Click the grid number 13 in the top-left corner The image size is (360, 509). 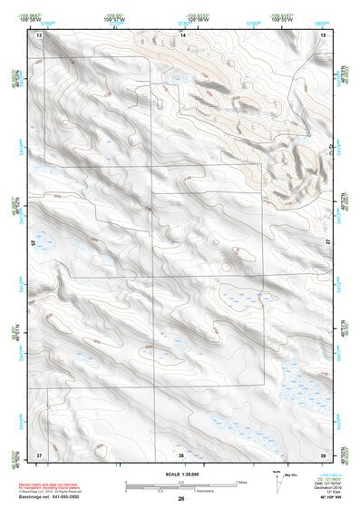pos(39,34)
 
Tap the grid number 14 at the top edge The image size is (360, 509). pos(182,34)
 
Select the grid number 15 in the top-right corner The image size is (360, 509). pos(324,34)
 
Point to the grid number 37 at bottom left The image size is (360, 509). pos(39,453)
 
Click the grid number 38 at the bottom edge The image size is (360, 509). pos(181,454)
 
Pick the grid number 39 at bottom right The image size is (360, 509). pos(324,453)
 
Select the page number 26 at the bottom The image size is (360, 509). pos(180,499)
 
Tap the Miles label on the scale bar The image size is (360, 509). pos(241,482)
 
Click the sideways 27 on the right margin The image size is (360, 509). pos(328,243)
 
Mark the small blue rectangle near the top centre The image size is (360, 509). pos(177,79)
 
